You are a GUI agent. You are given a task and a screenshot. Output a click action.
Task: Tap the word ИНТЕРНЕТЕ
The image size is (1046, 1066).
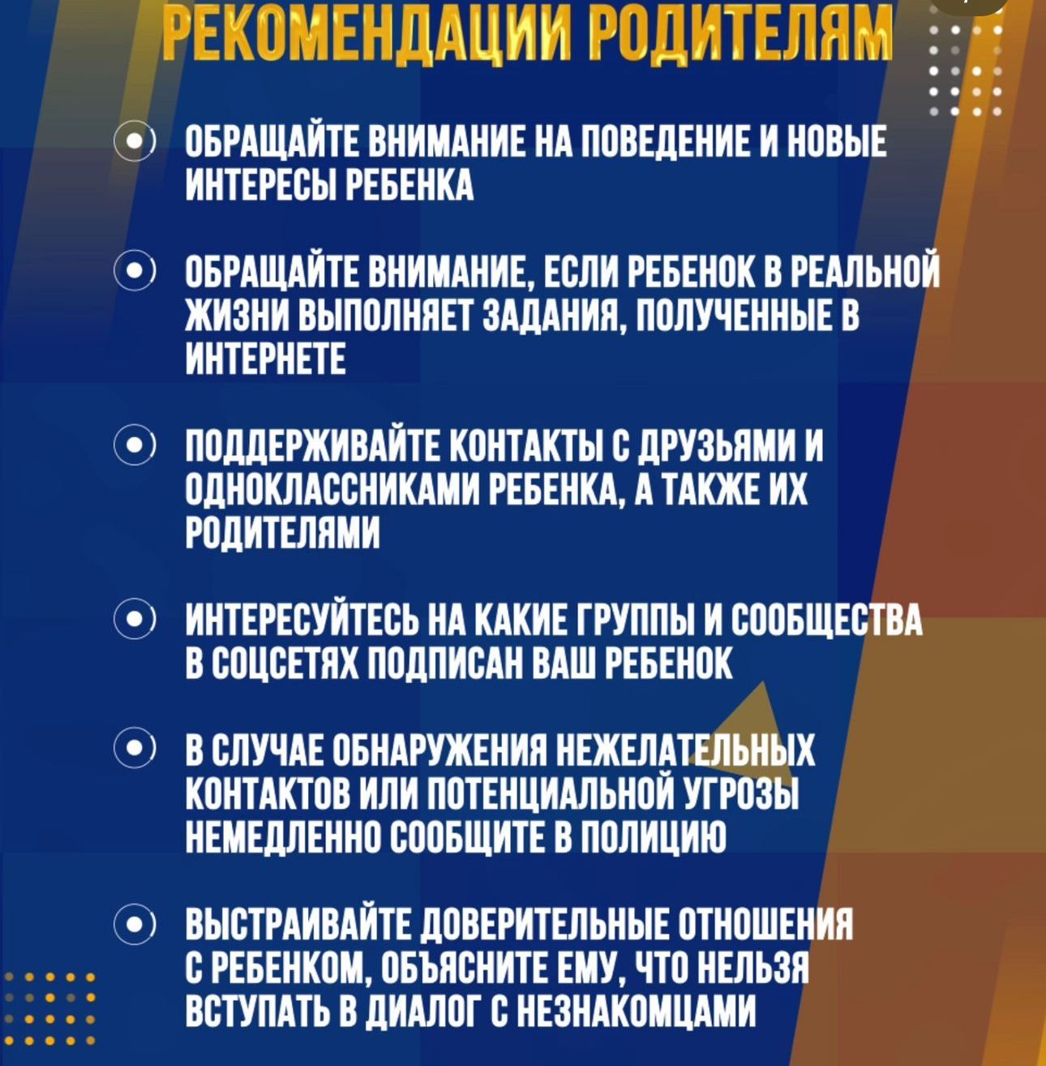coord(267,358)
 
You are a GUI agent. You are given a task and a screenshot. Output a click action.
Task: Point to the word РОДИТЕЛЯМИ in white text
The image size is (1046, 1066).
coord(283,533)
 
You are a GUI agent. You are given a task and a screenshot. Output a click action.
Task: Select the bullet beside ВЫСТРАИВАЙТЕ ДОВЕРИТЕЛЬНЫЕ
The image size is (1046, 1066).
coord(132,926)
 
